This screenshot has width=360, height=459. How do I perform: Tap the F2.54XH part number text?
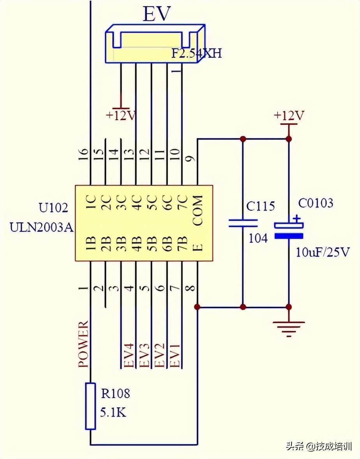point(197,53)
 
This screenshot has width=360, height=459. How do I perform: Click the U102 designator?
point(53,207)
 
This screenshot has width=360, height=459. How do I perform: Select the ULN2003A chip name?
point(42,226)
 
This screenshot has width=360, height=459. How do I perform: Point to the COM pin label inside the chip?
point(198,211)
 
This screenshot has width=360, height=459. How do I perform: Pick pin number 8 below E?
point(191,289)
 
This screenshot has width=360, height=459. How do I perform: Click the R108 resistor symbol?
point(90,406)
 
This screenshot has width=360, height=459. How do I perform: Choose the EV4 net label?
point(129,355)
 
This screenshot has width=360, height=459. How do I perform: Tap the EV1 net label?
point(176,355)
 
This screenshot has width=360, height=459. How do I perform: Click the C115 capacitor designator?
point(261,206)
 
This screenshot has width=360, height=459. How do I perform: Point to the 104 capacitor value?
point(258,238)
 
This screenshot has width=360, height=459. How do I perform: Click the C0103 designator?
point(316,203)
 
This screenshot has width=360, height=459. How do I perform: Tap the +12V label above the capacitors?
point(289,116)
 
